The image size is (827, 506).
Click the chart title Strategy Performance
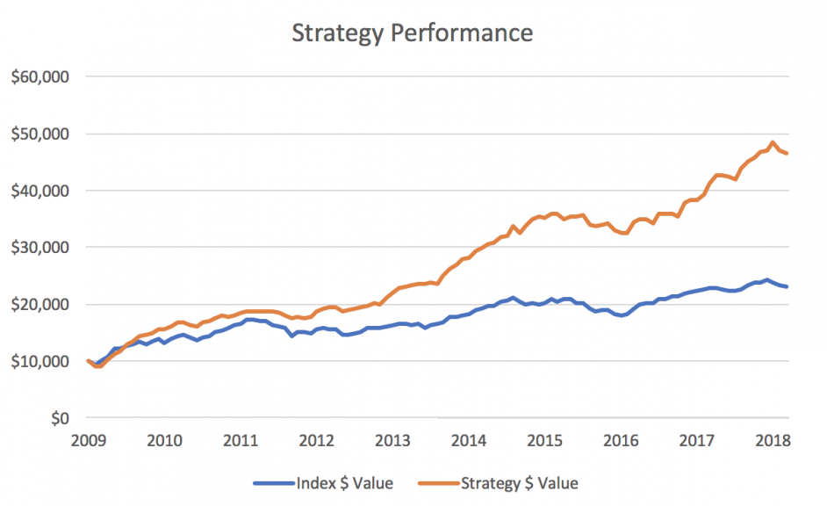pos(412,33)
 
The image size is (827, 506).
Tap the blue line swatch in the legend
pos(274,482)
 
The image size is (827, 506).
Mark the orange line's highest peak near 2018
pos(773,142)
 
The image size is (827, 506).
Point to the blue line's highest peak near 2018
pos(766,280)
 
